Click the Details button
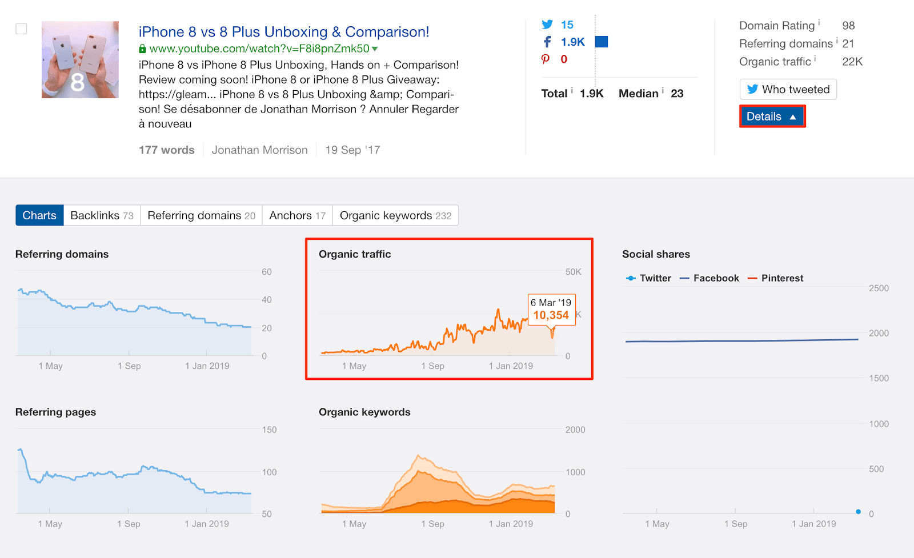pyautogui.click(x=772, y=117)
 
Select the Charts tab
pyautogui.click(x=39, y=215)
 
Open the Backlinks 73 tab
pyautogui.click(x=102, y=215)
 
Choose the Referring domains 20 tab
pyautogui.click(x=201, y=215)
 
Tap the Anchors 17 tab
pyautogui.click(x=297, y=215)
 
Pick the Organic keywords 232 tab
pyautogui.click(x=395, y=215)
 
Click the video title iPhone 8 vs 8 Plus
pyautogui.click(x=283, y=32)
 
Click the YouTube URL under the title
pyautogui.click(x=259, y=49)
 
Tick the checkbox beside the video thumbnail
pyautogui.click(x=21, y=29)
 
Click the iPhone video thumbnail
pyautogui.click(x=80, y=59)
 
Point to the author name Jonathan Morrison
pyautogui.click(x=259, y=150)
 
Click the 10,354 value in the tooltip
pyautogui.click(x=551, y=315)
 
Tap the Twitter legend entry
pyautogui.click(x=649, y=278)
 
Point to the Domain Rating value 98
pyautogui.click(x=848, y=26)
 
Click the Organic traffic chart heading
pyautogui.click(x=355, y=254)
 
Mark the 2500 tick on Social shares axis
pyautogui.click(x=879, y=288)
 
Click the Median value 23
pyautogui.click(x=677, y=94)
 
